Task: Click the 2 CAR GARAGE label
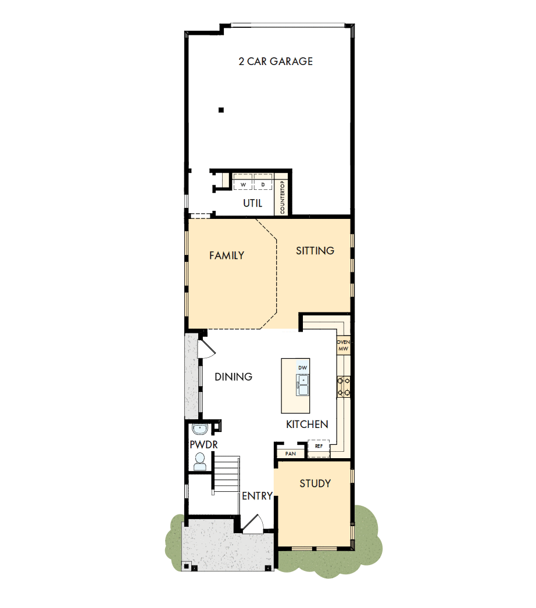pos(276,61)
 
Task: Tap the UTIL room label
pos(252,203)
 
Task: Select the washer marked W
pos(243,185)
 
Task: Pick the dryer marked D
pos(263,185)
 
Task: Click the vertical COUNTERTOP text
pos(283,198)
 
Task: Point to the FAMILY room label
pos(226,256)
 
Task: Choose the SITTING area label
pos(315,251)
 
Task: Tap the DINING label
pos(233,377)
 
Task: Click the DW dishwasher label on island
pos(302,368)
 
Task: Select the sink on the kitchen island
pos(302,384)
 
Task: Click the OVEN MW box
pos(343,346)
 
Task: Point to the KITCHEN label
pos(307,424)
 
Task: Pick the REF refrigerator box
pos(319,447)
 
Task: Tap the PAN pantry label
pos(290,454)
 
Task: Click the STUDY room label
pos(315,483)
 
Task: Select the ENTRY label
pos(257,496)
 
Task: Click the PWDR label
pos(203,445)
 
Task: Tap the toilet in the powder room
pos(200,461)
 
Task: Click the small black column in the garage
pos(221,110)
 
